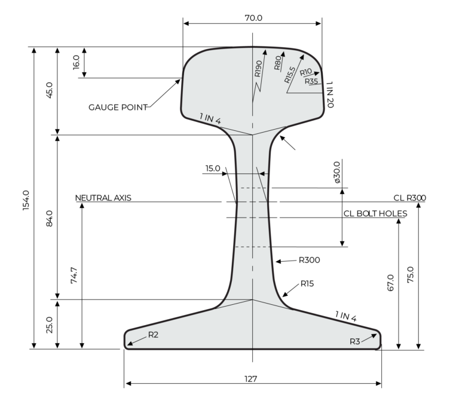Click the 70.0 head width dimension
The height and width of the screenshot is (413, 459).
click(253, 18)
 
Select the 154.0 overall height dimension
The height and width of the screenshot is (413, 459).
click(25, 198)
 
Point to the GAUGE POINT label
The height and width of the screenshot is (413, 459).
click(118, 108)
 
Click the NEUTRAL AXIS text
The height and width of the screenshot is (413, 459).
click(103, 197)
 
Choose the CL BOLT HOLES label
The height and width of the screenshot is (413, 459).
click(375, 213)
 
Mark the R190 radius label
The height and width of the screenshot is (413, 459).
click(258, 69)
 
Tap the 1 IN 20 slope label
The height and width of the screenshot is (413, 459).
click(330, 94)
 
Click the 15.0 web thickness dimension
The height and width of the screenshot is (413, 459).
click(213, 169)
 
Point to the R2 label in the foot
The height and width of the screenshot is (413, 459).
click(152, 335)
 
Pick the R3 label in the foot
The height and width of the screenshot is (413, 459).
click(356, 341)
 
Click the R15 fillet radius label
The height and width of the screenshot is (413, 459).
click(307, 283)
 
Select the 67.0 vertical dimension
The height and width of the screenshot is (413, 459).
click(390, 282)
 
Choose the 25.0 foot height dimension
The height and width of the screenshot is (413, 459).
click(50, 325)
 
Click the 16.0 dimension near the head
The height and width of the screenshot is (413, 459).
click(76, 62)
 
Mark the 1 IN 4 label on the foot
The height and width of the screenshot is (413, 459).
click(345, 316)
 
